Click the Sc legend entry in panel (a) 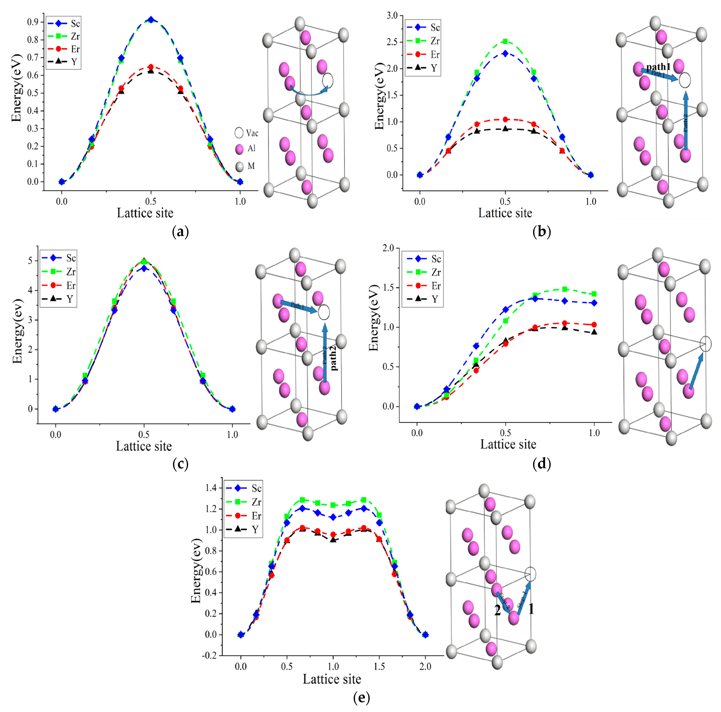point(75,23)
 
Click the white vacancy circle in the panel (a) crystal point(328,80)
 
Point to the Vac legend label point(252,133)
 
